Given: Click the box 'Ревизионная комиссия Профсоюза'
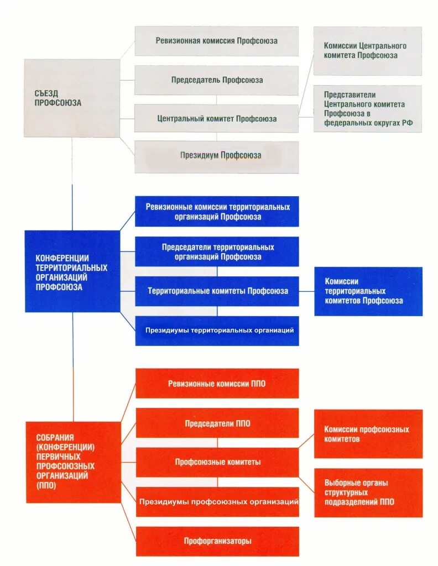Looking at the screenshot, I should click(x=217, y=41).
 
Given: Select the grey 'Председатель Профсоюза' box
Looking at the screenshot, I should click(x=217, y=80).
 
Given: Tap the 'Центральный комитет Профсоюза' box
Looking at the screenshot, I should click(x=217, y=118).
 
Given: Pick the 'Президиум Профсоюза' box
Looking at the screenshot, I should click(x=217, y=156).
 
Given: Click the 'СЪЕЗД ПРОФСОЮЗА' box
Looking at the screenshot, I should click(x=72, y=98).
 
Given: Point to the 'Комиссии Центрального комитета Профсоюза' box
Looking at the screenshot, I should click(x=368, y=51).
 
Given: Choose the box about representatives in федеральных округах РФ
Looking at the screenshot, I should click(x=368, y=108).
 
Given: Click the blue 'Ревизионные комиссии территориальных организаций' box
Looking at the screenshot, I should click(x=217, y=212).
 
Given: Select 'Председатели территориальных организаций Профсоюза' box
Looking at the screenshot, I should click(x=217, y=252).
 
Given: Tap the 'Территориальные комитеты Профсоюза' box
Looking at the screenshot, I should click(x=217, y=291).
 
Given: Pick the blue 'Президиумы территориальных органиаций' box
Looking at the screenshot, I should click(x=217, y=331).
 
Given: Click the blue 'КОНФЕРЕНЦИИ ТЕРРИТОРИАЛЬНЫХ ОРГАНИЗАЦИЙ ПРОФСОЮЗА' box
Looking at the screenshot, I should click(x=72, y=271).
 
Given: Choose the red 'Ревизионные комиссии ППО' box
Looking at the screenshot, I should click(x=217, y=384).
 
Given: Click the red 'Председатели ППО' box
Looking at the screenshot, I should click(x=217, y=423).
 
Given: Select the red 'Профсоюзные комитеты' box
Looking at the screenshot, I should click(x=217, y=462).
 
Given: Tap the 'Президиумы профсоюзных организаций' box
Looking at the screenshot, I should click(x=217, y=502).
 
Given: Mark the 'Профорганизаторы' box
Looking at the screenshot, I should click(x=217, y=541).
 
